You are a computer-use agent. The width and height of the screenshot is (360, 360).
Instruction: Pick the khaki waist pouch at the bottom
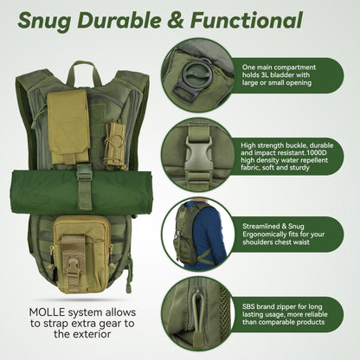85,246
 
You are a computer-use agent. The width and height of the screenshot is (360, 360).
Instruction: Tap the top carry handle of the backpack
82,67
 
